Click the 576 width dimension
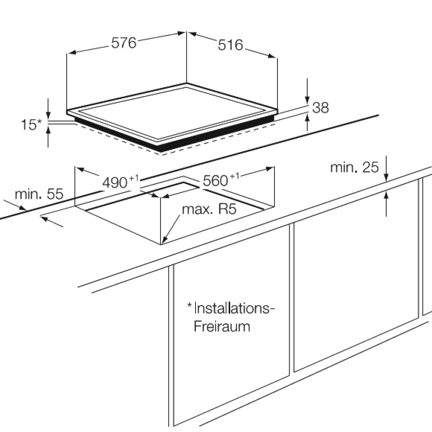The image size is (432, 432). (124, 43)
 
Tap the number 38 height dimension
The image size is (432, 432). (320, 108)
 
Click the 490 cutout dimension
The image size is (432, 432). (115, 183)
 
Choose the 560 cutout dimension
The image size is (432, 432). (215, 180)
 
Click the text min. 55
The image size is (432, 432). (39, 194)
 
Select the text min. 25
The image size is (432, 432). (355, 167)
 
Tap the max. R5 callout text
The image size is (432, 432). (209, 209)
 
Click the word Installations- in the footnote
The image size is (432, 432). (234, 308)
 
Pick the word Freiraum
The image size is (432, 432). (222, 327)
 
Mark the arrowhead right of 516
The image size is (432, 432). (272, 56)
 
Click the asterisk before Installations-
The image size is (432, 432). (190, 305)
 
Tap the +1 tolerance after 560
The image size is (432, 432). (235, 176)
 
